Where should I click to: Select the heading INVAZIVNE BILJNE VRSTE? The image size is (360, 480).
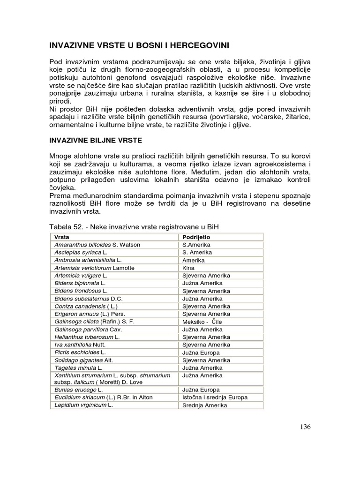pos(97,140)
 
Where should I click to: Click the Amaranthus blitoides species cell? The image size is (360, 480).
pos(97,245)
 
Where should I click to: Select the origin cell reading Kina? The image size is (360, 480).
pos(188,268)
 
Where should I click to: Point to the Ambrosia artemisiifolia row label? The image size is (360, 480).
pos(88,260)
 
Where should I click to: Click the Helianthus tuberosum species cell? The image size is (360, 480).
pos(87,337)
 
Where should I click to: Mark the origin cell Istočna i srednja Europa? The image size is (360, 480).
pos(215,397)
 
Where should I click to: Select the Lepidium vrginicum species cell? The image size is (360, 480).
pos(84,405)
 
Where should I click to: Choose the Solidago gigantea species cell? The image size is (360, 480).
pos(83,360)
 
